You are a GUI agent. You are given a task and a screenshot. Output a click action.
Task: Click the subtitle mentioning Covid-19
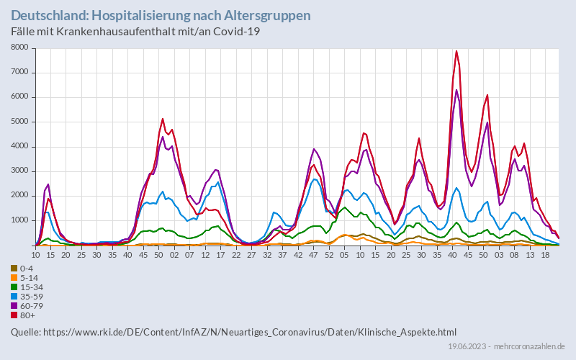(135, 32)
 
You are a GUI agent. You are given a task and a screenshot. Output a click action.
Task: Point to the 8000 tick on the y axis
(19, 48)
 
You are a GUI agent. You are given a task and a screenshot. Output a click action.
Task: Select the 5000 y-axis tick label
(19, 122)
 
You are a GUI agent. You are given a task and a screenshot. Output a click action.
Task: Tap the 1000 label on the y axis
(19, 220)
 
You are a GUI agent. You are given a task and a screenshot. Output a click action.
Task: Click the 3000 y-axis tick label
(19, 171)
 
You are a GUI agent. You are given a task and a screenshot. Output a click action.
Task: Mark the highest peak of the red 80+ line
(456, 51)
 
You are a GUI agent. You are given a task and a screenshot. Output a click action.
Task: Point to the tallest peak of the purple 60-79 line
(456, 90)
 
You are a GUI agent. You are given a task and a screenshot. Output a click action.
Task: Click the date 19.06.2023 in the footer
(468, 347)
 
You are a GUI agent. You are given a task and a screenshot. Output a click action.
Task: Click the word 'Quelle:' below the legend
(26, 332)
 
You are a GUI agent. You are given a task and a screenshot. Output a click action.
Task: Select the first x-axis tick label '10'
(36, 255)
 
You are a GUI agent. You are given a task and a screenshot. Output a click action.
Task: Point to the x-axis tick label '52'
(328, 255)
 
